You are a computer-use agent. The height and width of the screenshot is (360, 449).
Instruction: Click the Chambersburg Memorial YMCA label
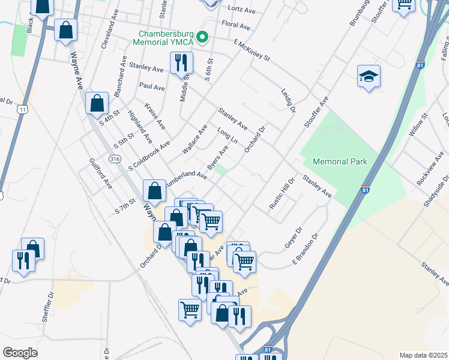167,38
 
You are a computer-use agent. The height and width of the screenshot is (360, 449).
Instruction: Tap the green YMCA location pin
202,38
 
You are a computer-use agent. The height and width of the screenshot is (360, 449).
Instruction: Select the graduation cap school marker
369,77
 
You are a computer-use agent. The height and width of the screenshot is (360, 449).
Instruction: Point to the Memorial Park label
340,161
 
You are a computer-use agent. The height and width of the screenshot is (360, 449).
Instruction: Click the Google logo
20,352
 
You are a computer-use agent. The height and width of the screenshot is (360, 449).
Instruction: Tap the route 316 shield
115,159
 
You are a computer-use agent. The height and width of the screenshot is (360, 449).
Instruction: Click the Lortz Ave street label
243,8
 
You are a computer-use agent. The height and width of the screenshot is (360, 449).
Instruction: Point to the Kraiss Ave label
155,115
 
